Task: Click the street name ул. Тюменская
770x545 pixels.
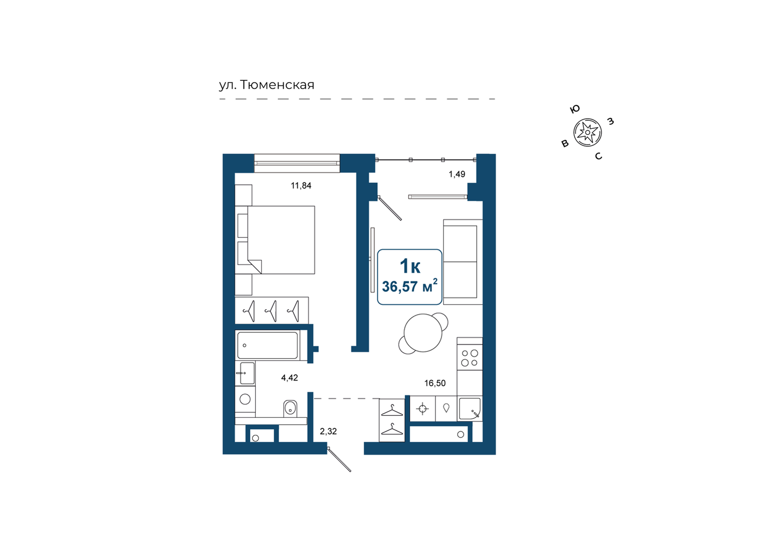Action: (x=267, y=85)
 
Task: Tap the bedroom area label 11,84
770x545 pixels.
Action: (x=301, y=186)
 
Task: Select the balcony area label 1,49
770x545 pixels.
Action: (x=457, y=174)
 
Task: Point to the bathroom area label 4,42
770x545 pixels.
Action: (x=290, y=378)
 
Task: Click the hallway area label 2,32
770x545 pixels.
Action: (x=328, y=431)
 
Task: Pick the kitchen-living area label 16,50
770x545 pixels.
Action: (x=435, y=383)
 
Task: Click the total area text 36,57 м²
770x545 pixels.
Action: (x=410, y=286)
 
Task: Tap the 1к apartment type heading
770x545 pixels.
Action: (x=410, y=266)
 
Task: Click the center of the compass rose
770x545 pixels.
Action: (x=587, y=132)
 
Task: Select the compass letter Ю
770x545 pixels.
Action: (x=575, y=109)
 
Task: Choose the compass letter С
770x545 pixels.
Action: (x=598, y=156)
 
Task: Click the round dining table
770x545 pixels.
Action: (x=423, y=333)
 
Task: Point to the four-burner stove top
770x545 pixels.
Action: (x=470, y=358)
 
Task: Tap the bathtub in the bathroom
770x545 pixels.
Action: (x=267, y=345)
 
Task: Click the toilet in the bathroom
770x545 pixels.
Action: (x=291, y=409)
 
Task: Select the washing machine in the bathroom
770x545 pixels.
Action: (x=245, y=399)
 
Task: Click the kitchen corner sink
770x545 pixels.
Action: (x=470, y=409)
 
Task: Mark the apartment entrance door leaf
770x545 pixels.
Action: (x=339, y=460)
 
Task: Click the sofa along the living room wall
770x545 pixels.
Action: (x=463, y=262)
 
